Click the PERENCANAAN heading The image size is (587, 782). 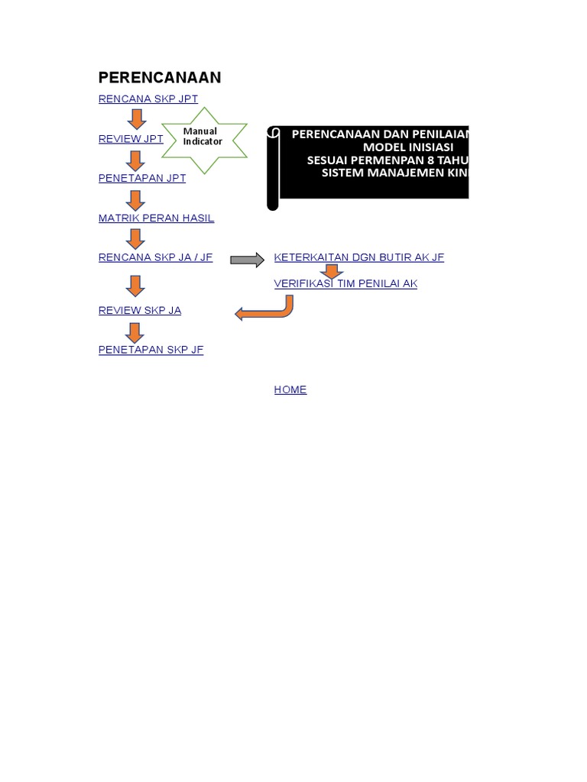click(160, 77)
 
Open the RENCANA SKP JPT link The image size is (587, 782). click(148, 99)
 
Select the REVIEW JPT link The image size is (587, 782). click(131, 139)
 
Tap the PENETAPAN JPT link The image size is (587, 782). click(142, 179)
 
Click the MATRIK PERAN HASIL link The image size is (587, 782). click(156, 218)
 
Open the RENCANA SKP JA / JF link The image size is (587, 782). click(155, 258)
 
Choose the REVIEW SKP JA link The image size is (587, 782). click(140, 311)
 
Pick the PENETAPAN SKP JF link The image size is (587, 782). click(151, 351)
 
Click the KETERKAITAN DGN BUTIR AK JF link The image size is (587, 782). click(358, 258)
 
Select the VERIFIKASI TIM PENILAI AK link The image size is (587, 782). click(345, 284)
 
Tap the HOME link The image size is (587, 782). click(290, 390)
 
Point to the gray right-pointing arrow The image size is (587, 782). click(247, 260)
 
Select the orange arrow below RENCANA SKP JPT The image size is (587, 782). click(136, 119)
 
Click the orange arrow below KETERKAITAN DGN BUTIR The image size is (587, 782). click(332, 271)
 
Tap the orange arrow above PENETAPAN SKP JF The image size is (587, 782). click(135, 332)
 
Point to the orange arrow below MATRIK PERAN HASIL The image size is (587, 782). click(135, 239)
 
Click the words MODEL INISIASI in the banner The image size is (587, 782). click(408, 147)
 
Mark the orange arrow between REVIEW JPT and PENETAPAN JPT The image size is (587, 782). click(136, 160)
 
